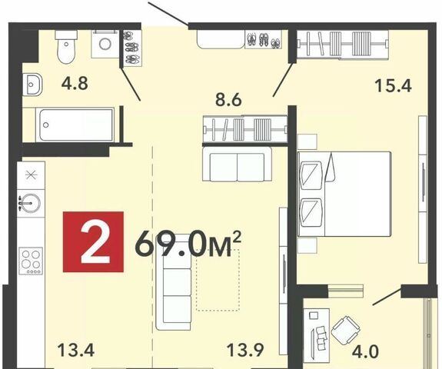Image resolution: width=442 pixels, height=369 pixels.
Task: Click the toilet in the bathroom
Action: (x=66, y=47)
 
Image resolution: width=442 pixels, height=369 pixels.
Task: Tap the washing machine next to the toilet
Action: (x=105, y=45)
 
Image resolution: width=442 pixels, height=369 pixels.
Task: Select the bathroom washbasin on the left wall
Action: (x=32, y=84)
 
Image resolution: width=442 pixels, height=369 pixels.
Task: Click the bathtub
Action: (x=77, y=125)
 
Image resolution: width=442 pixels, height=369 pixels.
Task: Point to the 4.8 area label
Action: (x=75, y=84)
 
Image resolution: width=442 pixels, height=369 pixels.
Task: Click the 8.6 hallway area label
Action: (x=228, y=99)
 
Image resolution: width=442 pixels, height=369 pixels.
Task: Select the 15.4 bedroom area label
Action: (x=394, y=85)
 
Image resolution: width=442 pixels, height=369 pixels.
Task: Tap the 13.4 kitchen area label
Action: (x=76, y=350)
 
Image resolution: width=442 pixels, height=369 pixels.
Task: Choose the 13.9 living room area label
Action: (x=245, y=350)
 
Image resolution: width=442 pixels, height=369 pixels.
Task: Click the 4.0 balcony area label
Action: (x=366, y=351)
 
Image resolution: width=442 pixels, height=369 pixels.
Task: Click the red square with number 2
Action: (x=93, y=241)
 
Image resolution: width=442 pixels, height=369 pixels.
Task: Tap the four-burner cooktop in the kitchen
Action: (x=31, y=261)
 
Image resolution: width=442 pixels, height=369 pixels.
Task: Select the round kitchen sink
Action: (x=30, y=203)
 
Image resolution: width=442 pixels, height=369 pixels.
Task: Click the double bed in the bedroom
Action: (x=344, y=194)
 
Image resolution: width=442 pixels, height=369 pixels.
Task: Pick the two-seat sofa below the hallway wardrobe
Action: (x=237, y=165)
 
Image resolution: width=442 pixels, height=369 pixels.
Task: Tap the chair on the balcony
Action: (x=346, y=331)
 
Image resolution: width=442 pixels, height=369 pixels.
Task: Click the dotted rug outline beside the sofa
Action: (x=218, y=280)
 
